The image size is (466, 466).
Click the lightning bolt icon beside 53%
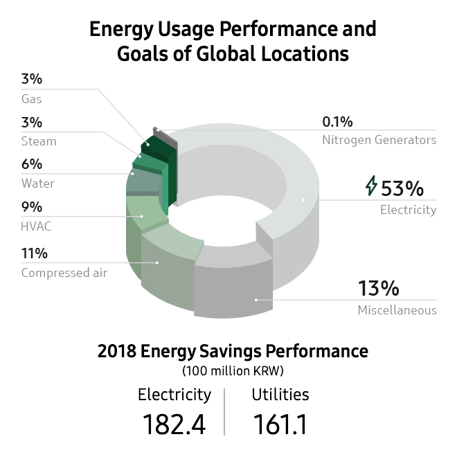click(x=372, y=186)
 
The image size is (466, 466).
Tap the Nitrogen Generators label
click(x=379, y=140)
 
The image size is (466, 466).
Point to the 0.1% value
click(x=337, y=122)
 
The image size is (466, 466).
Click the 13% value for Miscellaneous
click(x=378, y=288)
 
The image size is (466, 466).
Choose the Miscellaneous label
click(x=397, y=310)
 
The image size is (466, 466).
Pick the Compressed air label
click(x=64, y=272)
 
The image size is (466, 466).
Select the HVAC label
click(x=36, y=226)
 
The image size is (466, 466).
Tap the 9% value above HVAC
click(x=32, y=206)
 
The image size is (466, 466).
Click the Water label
click(x=37, y=183)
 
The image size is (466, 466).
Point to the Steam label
click(x=39, y=141)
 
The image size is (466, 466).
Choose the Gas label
click(x=31, y=99)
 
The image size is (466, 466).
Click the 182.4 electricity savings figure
click(x=174, y=424)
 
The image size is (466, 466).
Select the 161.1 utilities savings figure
click(x=280, y=424)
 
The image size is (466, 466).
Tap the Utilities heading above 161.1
click(x=280, y=395)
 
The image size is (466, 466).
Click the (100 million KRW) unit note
click(x=233, y=370)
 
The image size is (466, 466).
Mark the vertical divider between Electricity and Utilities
click(x=224, y=411)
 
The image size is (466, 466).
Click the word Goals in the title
click(x=145, y=53)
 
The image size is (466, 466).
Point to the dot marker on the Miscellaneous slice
click(x=256, y=299)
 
